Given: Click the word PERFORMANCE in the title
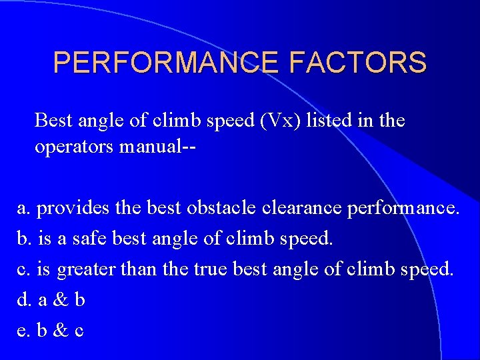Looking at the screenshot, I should click(167, 63).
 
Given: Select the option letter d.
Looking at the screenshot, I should click(24, 300).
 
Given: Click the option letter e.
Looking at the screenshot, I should click(23, 331).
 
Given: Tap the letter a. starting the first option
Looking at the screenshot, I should click(23, 208).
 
